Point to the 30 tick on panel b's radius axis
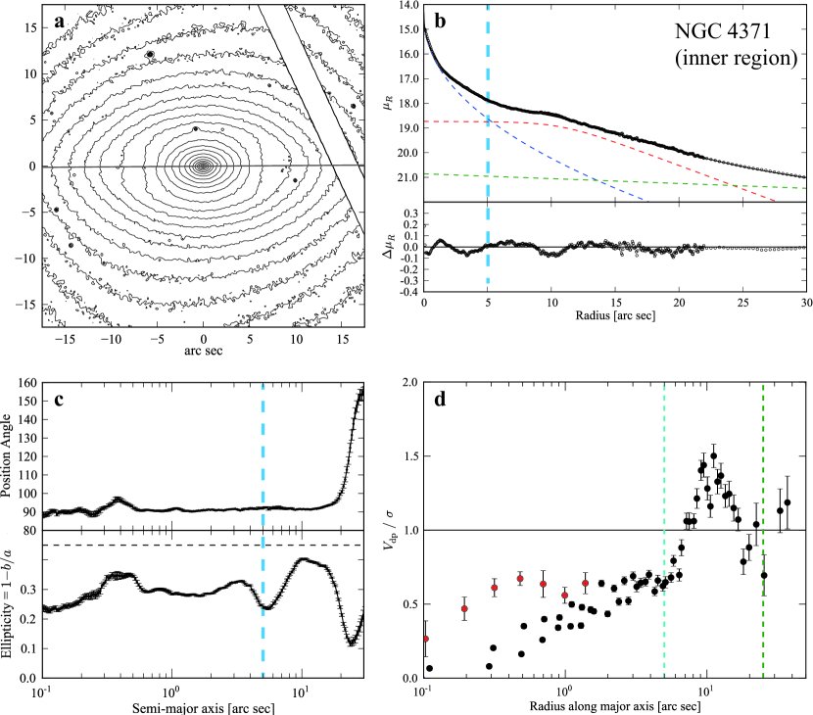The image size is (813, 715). (x=804, y=306)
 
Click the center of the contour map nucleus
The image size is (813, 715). (x=203, y=167)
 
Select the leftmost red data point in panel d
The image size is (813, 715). (x=425, y=639)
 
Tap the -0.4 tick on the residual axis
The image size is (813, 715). (x=403, y=291)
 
